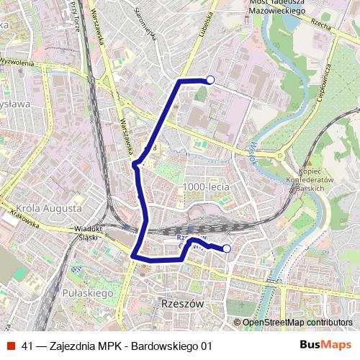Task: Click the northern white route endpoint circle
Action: (210, 80)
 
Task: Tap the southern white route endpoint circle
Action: (227, 249)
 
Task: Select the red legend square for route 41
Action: (11, 346)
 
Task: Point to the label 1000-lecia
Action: (206, 186)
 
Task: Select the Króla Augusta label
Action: (48, 208)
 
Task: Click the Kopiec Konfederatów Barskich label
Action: (311, 179)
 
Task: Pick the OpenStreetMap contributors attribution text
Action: (297, 322)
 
